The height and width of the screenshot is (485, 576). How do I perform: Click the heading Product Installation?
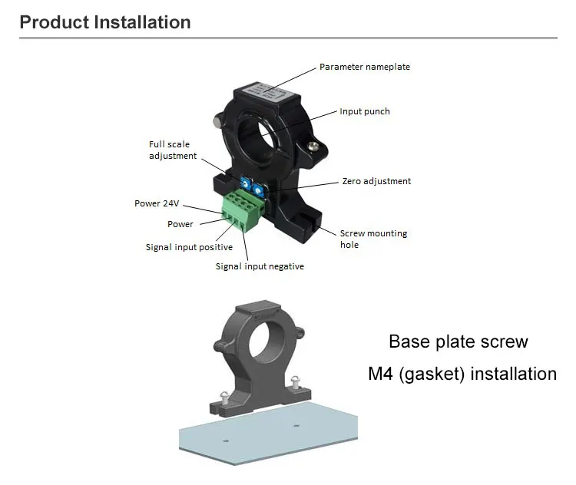point(105,22)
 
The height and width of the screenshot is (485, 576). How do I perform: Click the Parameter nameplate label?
point(365,67)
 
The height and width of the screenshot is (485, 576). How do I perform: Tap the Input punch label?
point(365,111)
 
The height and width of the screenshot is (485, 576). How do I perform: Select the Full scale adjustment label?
point(172,150)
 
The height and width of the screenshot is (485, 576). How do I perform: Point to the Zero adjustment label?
point(376,181)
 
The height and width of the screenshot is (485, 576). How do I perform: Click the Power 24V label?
point(157,203)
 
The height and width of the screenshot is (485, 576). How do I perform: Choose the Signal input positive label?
point(189,247)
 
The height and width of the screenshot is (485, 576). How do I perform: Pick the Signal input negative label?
point(260,266)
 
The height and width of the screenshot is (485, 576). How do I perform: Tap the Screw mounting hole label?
point(373,239)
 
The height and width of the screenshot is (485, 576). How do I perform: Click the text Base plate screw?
point(458,341)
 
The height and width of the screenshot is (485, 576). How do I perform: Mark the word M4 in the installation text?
point(382,374)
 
